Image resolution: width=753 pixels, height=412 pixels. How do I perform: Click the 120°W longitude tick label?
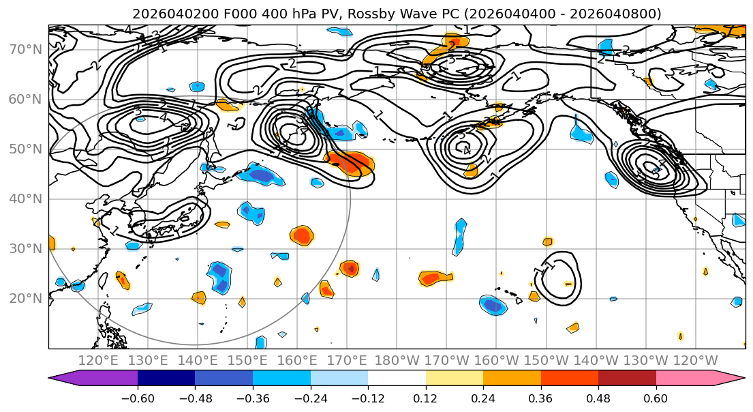coord(695,360)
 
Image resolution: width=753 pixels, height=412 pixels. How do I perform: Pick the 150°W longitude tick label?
coord(546,360)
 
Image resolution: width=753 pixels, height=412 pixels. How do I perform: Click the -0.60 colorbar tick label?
coord(138,397)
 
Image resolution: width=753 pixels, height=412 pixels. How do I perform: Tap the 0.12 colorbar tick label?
coord(425,397)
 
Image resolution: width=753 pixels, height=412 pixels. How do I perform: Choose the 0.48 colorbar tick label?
coord(598,397)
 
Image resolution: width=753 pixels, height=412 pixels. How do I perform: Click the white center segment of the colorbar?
coord(397,379)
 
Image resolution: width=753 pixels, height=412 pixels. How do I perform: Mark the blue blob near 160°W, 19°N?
coord(493,305)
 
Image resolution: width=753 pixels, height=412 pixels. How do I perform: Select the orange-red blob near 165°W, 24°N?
coord(435,278)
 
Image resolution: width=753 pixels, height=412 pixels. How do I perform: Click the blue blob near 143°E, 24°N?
coord(219,276)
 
